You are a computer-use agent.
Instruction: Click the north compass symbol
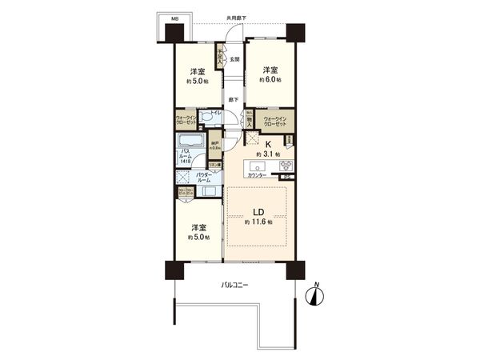point(317,295)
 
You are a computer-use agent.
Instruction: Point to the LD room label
point(259,213)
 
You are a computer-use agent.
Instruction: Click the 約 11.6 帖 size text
point(259,223)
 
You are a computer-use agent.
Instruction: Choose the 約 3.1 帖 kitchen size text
point(265,146)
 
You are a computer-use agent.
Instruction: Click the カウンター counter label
point(257,174)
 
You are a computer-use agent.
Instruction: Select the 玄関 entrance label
point(234,59)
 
